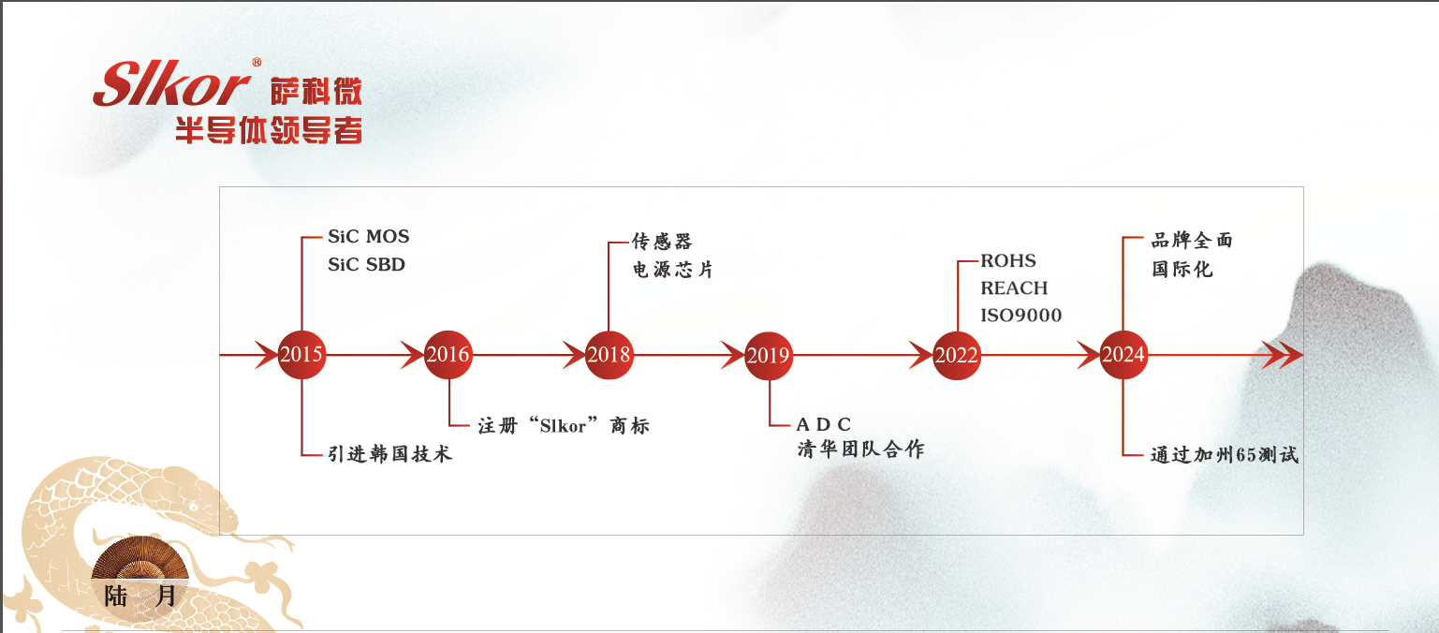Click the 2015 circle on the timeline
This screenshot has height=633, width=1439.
click(x=301, y=355)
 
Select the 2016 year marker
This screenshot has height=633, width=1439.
click(x=448, y=355)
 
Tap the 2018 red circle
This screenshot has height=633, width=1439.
click(x=609, y=355)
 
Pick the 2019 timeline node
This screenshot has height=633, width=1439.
click(x=769, y=355)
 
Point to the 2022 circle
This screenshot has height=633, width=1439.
click(x=956, y=355)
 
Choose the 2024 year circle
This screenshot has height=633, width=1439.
click(x=1123, y=355)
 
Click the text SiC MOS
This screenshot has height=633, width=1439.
click(x=368, y=236)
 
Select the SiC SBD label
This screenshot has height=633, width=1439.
click(x=366, y=265)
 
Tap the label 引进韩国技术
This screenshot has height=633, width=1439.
click(x=389, y=454)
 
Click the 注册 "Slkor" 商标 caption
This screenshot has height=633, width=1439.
click(x=563, y=426)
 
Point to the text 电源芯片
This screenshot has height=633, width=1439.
click(x=672, y=270)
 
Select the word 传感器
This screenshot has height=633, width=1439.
click(x=661, y=242)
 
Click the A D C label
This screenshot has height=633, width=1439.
click(x=824, y=425)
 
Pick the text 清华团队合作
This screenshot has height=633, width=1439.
click(x=860, y=449)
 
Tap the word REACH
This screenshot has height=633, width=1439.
click(x=1014, y=288)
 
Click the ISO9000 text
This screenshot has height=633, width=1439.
click(x=1021, y=316)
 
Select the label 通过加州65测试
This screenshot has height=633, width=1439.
click(x=1225, y=456)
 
